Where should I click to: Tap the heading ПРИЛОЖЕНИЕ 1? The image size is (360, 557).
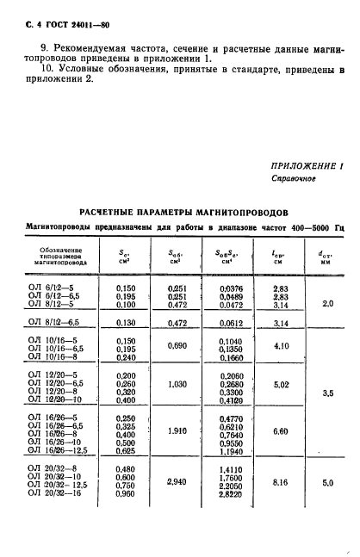[x=307, y=165]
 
